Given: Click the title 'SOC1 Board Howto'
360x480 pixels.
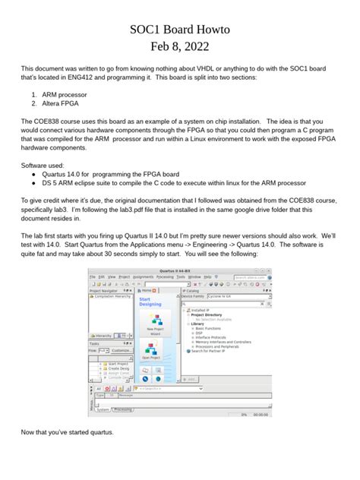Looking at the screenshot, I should click(180, 29).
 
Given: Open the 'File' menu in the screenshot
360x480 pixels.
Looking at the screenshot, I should click(92, 278).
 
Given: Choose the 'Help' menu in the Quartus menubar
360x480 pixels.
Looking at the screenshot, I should click(207, 278).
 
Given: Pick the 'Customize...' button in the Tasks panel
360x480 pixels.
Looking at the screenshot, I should click(122, 351).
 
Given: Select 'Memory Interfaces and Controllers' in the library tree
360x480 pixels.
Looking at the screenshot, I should click(223, 341).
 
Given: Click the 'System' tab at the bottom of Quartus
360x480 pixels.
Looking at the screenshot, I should click(102, 409).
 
